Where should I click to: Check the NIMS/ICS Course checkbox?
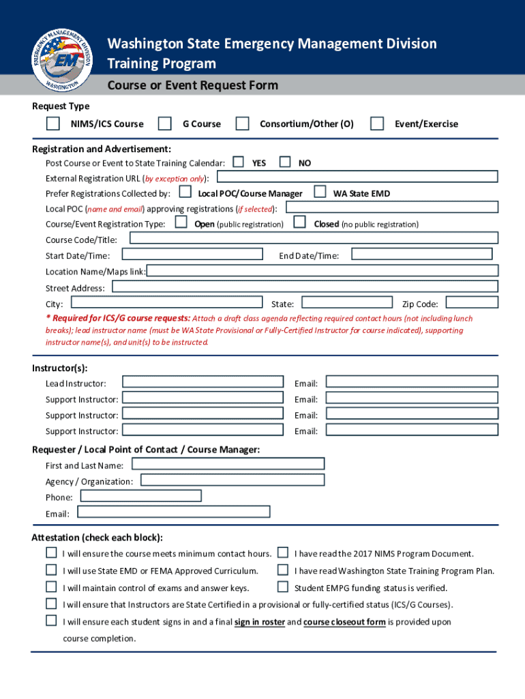coord(52,124)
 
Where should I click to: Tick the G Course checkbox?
coord(164,124)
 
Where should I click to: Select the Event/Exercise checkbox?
coord(377,124)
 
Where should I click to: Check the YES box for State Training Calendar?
coord(238,162)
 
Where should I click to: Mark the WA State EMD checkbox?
coord(319,192)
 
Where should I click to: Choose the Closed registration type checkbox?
coord(299,223)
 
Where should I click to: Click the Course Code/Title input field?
coord(314,238)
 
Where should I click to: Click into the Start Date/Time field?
coord(192,254)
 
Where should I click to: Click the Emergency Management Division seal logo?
coord(62,51)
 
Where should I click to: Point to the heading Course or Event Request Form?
coord(193,85)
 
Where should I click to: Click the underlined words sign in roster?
coord(259,622)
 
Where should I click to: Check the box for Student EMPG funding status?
coord(282,587)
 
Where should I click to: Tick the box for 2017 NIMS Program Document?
coord(282,553)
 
